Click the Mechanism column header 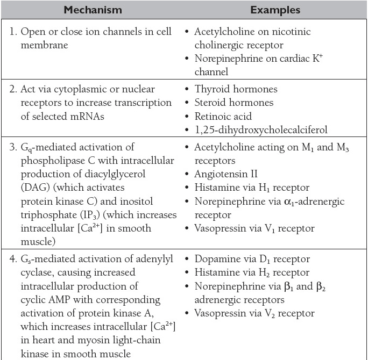pos(93,10)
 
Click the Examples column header pos(275,10)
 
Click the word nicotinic pos(289,32)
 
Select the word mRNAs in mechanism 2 pos(82,116)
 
